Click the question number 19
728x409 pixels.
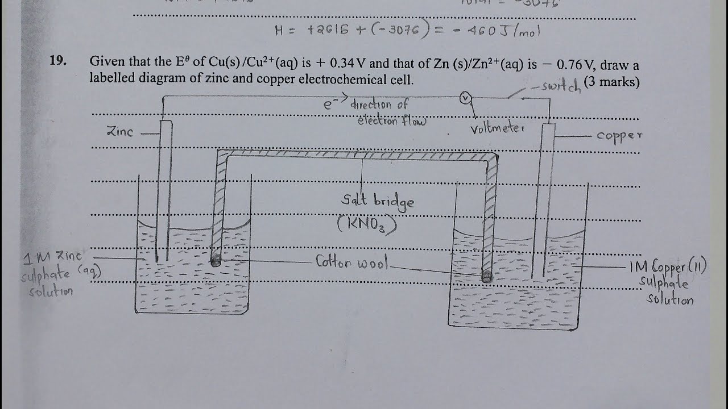click(x=58, y=61)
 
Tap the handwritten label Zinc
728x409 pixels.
click(x=120, y=132)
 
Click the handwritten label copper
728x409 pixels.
click(x=619, y=136)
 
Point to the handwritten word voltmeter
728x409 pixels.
click(x=496, y=128)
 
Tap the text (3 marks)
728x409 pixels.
click(x=611, y=82)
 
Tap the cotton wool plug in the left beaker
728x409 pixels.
click(x=216, y=261)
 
